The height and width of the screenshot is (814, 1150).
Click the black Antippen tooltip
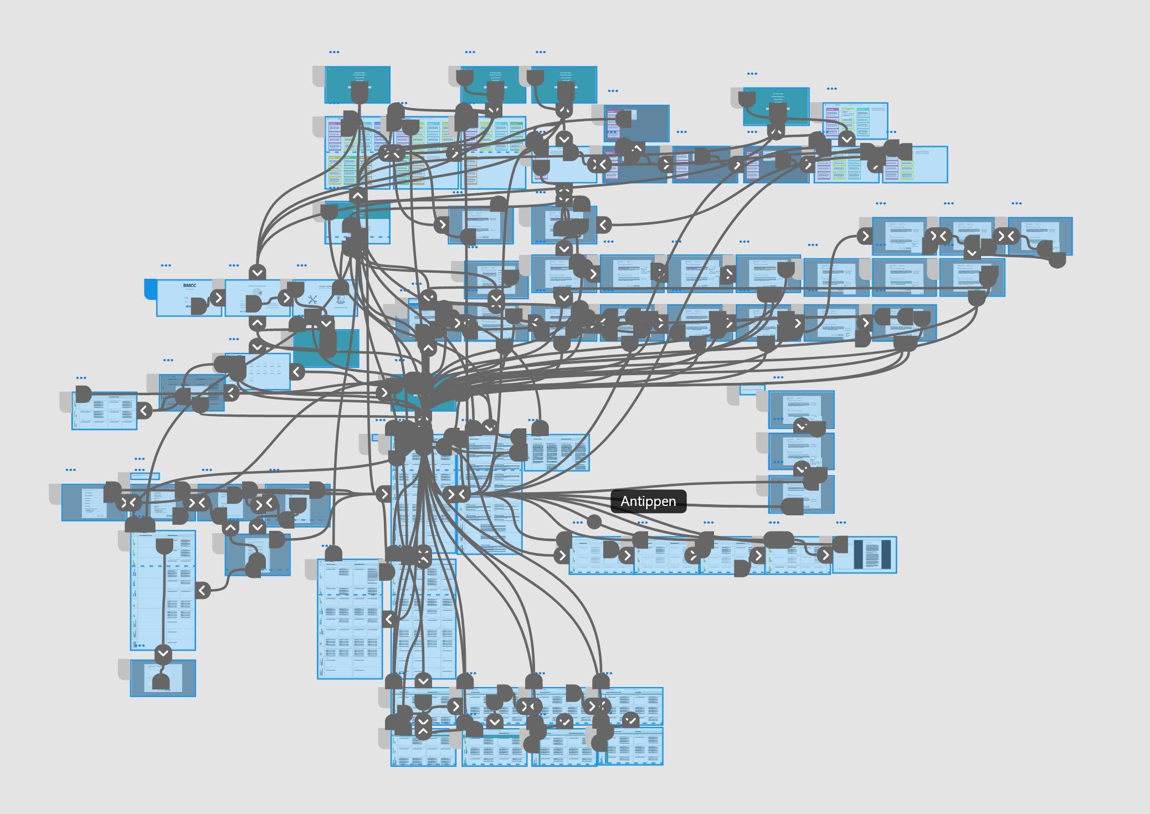pyautogui.click(x=648, y=501)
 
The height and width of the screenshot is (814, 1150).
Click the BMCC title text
pyautogui.click(x=189, y=286)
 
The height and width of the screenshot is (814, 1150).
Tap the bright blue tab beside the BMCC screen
pyautogui.click(x=151, y=289)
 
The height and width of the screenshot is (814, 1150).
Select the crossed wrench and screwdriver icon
pyautogui.click(x=313, y=299)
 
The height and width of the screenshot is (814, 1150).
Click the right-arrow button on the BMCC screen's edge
pyautogui.click(x=219, y=298)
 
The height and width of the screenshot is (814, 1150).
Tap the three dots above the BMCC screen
pyautogui.click(x=166, y=265)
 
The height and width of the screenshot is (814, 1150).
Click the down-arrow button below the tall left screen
pyautogui.click(x=163, y=653)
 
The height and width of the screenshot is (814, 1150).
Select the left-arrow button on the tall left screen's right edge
pyautogui.click(x=203, y=590)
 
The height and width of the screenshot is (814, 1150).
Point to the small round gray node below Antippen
pyautogui.click(x=594, y=521)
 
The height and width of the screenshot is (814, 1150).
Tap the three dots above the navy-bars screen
pyautogui.click(x=840, y=523)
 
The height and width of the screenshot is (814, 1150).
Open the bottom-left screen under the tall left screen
pyautogui.click(x=163, y=678)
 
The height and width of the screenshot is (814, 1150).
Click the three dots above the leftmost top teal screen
pyautogui.click(x=334, y=52)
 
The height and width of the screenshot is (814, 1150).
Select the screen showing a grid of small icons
pyautogui.click(x=263, y=371)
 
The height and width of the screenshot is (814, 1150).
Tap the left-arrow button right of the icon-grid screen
pyautogui.click(x=297, y=371)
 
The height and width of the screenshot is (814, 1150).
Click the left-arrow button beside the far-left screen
pyautogui.click(x=144, y=411)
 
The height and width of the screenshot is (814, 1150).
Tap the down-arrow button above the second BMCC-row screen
pyautogui.click(x=258, y=272)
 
